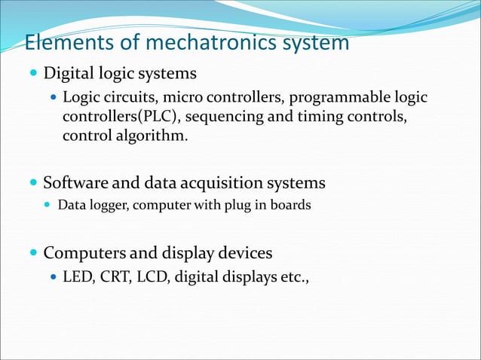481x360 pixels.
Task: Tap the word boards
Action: coord(290,205)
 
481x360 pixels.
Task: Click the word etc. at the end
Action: coord(295,276)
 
